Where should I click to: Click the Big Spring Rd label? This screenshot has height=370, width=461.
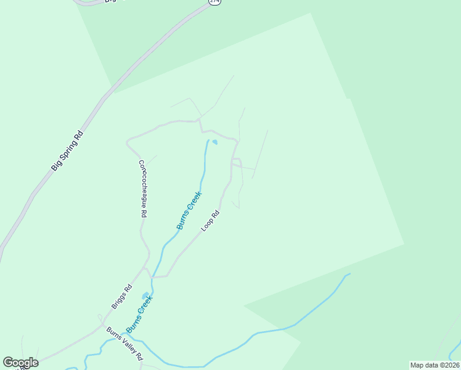coord(67,150)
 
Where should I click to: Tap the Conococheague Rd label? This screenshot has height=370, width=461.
coord(142,188)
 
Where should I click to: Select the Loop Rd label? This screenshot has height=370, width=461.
coord(210,221)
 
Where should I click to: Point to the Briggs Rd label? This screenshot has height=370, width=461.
coord(122,297)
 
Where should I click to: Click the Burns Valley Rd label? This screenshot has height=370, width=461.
coord(124,343)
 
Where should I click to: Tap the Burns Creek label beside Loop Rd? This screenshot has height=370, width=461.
coord(189,210)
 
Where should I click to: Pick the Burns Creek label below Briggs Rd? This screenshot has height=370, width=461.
coord(139,314)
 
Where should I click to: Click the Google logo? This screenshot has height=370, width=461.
coord(20,363)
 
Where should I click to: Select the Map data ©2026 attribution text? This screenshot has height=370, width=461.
coord(434,365)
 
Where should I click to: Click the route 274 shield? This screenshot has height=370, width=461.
coord(214,2)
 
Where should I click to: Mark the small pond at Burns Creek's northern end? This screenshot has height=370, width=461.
coord(215,142)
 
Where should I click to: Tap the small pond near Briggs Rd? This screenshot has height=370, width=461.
coord(145,296)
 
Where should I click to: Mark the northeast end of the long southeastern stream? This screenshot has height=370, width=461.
coord(349,274)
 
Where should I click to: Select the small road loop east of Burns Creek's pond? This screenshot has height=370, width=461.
coord(235,162)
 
